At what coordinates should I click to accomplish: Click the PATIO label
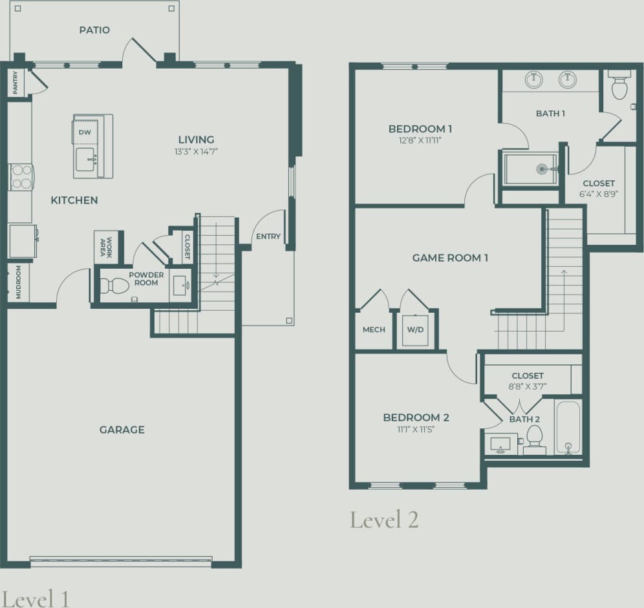point(94,30)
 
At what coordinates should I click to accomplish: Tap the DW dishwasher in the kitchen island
point(85,132)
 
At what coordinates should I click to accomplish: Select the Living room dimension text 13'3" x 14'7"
point(197,151)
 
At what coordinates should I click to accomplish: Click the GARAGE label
point(122,430)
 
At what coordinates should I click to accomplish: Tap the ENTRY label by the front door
point(268,236)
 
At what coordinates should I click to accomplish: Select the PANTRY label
point(16,83)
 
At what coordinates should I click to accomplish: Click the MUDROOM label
point(18,282)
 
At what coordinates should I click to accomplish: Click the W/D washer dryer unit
point(415,330)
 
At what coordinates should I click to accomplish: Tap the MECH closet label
point(374,330)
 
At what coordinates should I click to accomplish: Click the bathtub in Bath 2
point(568,428)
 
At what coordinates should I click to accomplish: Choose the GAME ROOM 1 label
point(450,258)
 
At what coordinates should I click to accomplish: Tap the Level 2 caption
point(384,519)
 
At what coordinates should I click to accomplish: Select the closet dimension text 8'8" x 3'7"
point(528,386)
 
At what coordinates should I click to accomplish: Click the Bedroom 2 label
point(416,417)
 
